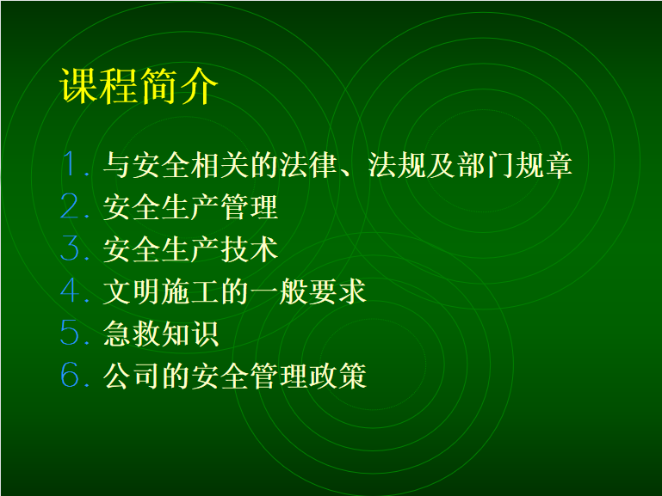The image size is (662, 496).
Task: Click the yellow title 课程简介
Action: click(139, 86)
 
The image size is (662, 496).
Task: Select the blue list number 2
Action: click(70, 205)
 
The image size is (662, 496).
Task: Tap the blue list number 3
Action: click(70, 248)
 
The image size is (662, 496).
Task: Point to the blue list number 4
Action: click(70, 290)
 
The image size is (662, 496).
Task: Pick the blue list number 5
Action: click(70, 332)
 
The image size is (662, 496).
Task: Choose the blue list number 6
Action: click(70, 374)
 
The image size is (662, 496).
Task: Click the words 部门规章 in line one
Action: click(514, 164)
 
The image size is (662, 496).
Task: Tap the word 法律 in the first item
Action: click(308, 164)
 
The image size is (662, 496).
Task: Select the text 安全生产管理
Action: click(190, 207)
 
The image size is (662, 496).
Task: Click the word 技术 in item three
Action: click(249, 249)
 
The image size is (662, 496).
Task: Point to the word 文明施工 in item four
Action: click(161, 291)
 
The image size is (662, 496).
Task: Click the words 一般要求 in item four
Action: click(308, 291)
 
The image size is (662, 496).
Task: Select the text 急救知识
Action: click(161, 334)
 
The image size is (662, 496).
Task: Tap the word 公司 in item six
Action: click(132, 376)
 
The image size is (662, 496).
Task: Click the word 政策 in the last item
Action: click(337, 376)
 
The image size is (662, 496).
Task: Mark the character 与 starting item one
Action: click(117, 164)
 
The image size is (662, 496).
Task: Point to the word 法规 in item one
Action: click(397, 164)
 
